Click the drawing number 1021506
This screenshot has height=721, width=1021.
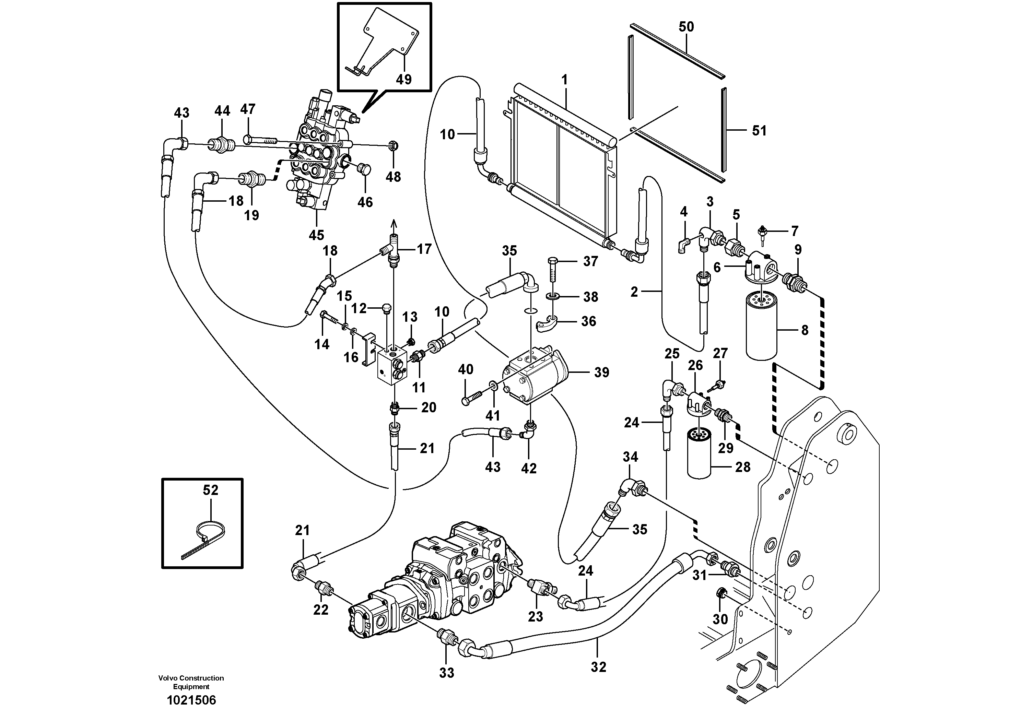(x=191, y=700)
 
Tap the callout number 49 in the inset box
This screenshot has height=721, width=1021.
(x=404, y=80)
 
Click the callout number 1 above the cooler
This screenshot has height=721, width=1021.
(x=564, y=81)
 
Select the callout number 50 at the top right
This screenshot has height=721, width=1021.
(x=686, y=27)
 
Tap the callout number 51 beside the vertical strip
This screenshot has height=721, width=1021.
(x=759, y=131)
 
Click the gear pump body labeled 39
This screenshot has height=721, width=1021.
(x=533, y=378)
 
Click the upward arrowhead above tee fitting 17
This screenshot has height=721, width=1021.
(x=393, y=223)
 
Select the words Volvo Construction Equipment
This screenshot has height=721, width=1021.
(x=191, y=682)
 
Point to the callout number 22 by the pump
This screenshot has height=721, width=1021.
(x=321, y=610)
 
